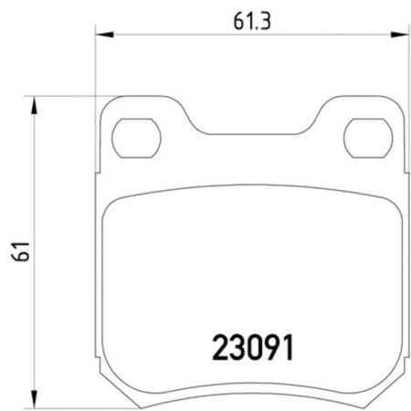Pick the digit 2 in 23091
[x=220, y=347]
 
